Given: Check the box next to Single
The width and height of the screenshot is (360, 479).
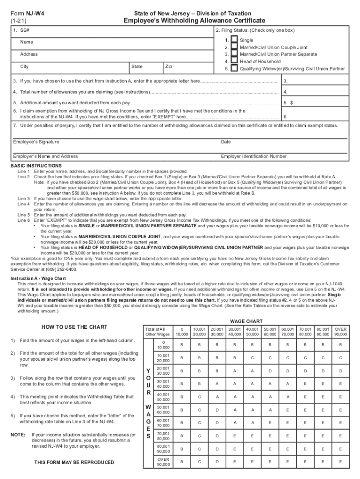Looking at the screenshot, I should point(234,41).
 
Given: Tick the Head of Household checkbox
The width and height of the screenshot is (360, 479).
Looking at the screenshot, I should point(234,61).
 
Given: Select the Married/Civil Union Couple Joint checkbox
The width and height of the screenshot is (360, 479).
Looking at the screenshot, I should point(234,47).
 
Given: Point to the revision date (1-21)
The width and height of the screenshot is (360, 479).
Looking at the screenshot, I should point(19,22).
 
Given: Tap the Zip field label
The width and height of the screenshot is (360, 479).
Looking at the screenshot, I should point(169,67).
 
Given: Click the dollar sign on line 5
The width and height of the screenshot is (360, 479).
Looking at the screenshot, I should point(292,102).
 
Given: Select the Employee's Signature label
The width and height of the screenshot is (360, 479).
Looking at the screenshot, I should point(36,142).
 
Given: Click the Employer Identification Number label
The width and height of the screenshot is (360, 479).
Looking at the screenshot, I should point(254,156).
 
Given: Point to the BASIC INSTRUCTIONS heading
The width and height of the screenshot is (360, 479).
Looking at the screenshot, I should point(36,166).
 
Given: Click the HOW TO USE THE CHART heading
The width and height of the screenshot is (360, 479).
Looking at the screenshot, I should point(74,327).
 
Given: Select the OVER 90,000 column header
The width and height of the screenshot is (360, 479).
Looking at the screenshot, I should point(340,331).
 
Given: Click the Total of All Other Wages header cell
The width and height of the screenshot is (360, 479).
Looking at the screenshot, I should point(158,331).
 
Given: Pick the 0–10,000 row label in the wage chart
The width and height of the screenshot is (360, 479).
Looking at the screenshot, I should point(163,344).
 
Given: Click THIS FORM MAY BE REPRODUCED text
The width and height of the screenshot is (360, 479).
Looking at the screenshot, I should point(74,462).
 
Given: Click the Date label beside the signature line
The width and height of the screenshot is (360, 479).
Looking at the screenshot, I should point(226,142).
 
